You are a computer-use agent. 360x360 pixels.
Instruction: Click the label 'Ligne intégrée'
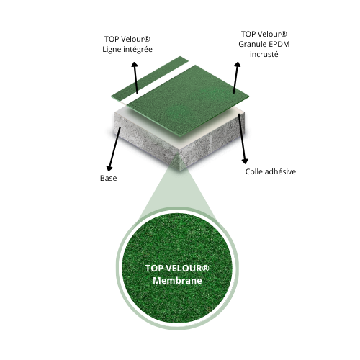coord(127,50)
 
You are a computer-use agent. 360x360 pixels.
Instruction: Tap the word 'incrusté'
coord(264,54)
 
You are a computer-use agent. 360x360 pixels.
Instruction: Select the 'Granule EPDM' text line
coord(264,44)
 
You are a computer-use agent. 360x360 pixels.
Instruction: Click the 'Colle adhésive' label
coord(271,171)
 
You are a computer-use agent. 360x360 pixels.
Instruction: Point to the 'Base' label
coord(109,178)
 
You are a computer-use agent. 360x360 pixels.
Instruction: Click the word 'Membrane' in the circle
coord(177,281)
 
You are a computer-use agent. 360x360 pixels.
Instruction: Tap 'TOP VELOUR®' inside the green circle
coord(177,269)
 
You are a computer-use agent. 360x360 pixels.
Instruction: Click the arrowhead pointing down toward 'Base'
coord(109,168)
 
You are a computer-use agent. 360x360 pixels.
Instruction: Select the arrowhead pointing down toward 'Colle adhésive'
coord(245,161)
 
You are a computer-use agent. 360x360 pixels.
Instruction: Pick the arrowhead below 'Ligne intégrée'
coord(135,65)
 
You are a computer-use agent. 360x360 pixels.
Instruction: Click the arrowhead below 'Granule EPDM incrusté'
coord(238,65)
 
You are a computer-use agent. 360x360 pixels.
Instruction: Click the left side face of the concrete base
coord(146,139)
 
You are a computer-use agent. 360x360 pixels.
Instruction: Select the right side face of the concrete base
coord(214,142)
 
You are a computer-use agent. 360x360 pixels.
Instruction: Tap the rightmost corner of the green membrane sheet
coord(248,96)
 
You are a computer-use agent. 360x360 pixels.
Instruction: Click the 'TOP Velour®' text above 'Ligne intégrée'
coord(127,39)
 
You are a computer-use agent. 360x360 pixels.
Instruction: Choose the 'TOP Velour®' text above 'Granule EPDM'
coord(264,34)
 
